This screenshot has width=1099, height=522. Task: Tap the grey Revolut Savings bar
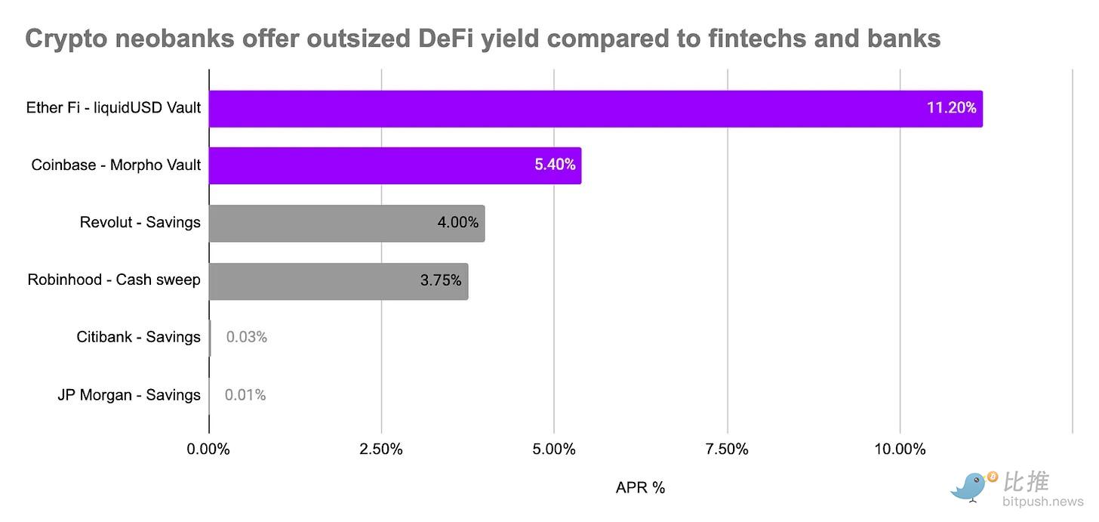coord(325,223)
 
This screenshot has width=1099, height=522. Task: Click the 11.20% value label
coord(951,108)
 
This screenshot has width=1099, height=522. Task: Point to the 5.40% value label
coord(555,165)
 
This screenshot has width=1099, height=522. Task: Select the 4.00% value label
coord(457,223)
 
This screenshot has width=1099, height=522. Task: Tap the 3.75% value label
coord(441,280)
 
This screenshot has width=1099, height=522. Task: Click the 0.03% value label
coord(247,338)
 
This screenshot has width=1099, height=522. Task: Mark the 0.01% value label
coord(246,395)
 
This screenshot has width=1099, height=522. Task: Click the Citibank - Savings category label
coord(138,337)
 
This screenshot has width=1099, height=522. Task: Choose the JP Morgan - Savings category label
coord(129,395)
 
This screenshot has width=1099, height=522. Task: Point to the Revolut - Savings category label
coord(140,223)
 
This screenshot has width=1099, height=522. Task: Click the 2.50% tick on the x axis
coord(381,449)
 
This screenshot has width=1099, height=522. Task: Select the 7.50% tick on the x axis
coord(727,449)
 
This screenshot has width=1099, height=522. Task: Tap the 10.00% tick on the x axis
coord(900,449)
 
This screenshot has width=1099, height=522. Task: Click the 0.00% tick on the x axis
coord(208,449)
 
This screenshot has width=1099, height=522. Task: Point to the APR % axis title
coord(640,488)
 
